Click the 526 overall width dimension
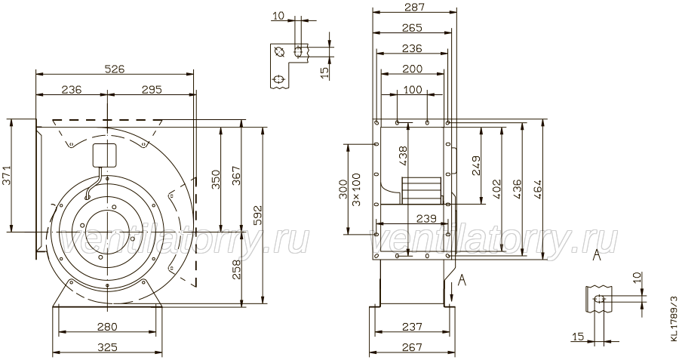click(x=115, y=69)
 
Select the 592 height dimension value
click(x=258, y=215)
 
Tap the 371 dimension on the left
click(x=8, y=175)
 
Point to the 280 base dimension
click(x=106, y=327)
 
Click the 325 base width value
click(x=106, y=347)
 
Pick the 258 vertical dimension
click(x=237, y=269)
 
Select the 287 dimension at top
click(x=415, y=7)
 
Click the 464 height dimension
click(x=537, y=189)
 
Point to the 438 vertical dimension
click(x=403, y=156)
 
